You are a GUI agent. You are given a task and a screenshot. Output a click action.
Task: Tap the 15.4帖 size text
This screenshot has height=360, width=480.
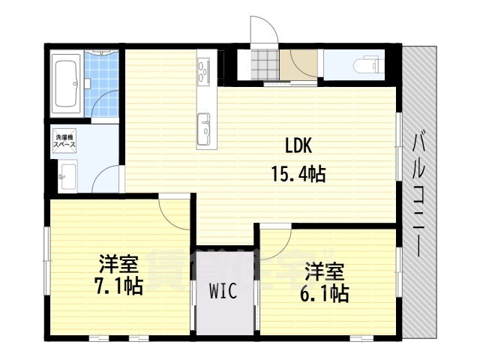[x=297, y=175]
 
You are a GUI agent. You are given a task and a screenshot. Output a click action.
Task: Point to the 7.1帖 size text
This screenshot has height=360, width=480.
[x=118, y=286]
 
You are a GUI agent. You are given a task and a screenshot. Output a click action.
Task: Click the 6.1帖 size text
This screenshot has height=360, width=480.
[x=324, y=292]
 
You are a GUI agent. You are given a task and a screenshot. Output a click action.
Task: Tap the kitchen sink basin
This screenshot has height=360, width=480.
[x=204, y=127]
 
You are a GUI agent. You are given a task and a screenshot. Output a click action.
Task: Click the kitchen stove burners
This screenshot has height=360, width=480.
[x=203, y=72]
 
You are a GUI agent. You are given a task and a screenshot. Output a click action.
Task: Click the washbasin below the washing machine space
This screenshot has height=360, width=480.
[x=65, y=177]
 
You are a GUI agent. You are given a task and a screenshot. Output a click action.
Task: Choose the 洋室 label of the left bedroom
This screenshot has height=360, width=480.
[x=118, y=264]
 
